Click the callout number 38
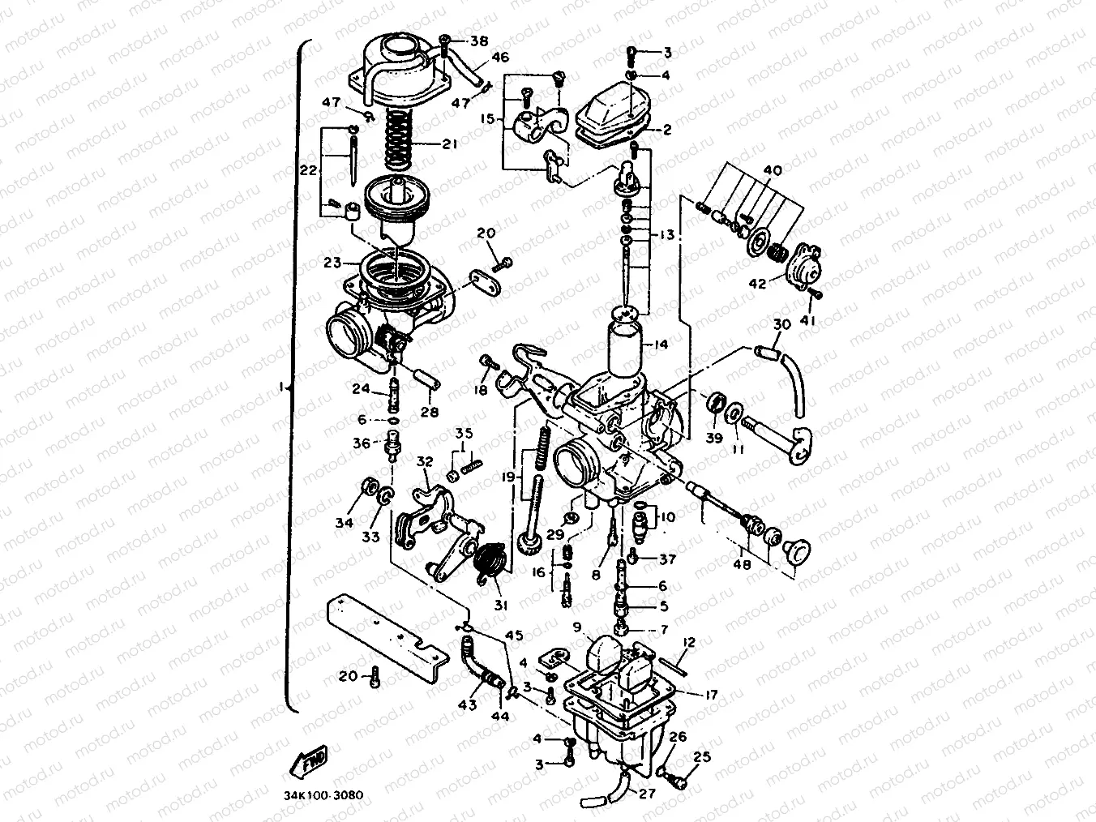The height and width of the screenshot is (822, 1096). [x=479, y=41]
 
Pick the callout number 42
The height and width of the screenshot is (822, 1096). [x=756, y=285]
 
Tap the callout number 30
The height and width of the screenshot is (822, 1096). [x=781, y=324]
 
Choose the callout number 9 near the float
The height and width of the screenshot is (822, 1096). [x=576, y=627]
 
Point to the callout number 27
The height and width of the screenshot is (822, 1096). [x=646, y=794]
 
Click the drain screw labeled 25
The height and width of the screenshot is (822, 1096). [x=676, y=781]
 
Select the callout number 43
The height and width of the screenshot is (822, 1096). [x=467, y=705]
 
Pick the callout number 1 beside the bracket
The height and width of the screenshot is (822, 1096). [x=281, y=387]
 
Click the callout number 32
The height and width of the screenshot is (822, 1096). [x=425, y=462]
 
